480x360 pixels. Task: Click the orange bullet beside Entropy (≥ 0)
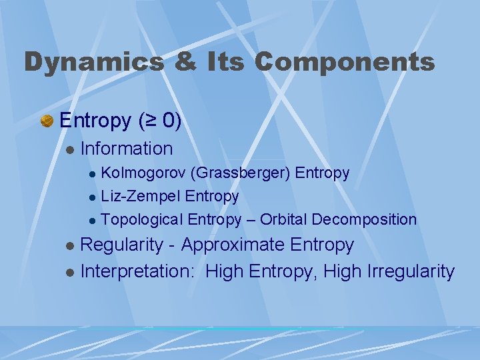pos(47,121)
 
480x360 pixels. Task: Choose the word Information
pos(126,149)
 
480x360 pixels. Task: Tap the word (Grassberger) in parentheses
pos(240,173)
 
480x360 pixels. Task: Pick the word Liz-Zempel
pos(141,197)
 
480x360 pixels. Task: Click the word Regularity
pos(121,245)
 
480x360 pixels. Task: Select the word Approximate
pos(233,245)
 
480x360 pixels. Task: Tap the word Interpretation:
pos(139,272)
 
